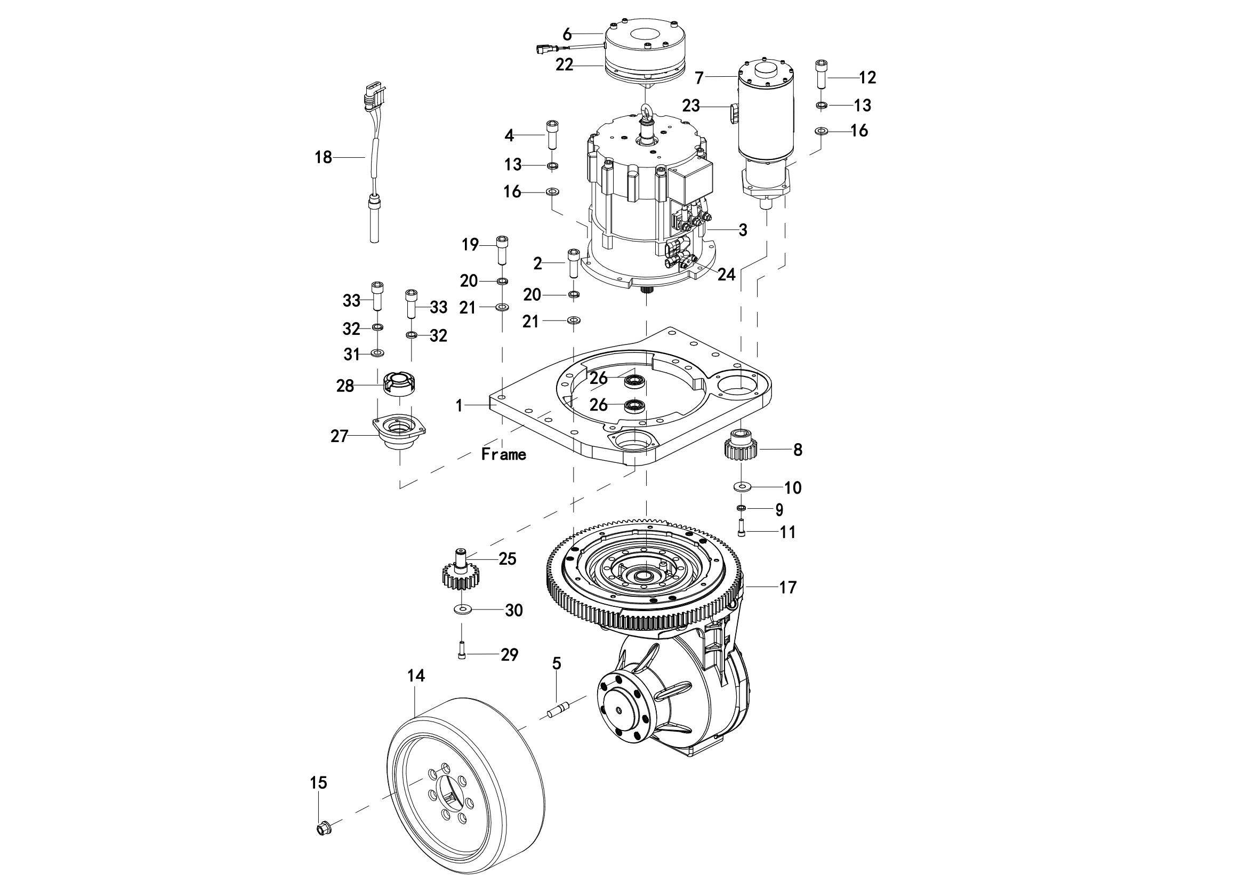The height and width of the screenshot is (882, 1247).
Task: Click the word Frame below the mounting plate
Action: click(503, 454)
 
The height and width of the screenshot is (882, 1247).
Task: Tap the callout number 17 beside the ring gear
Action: click(787, 587)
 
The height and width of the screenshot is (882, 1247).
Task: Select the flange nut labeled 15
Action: click(324, 844)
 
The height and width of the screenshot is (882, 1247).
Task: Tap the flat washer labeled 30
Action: click(462, 610)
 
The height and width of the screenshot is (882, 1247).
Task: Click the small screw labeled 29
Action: click(462, 650)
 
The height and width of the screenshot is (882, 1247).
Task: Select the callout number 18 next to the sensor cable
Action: click(323, 157)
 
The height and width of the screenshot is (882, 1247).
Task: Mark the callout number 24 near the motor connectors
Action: click(726, 275)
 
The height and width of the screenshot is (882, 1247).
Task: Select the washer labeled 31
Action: click(377, 354)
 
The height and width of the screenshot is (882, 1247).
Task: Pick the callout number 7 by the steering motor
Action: click(699, 78)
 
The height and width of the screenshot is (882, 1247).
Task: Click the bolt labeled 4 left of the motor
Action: click(552, 134)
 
